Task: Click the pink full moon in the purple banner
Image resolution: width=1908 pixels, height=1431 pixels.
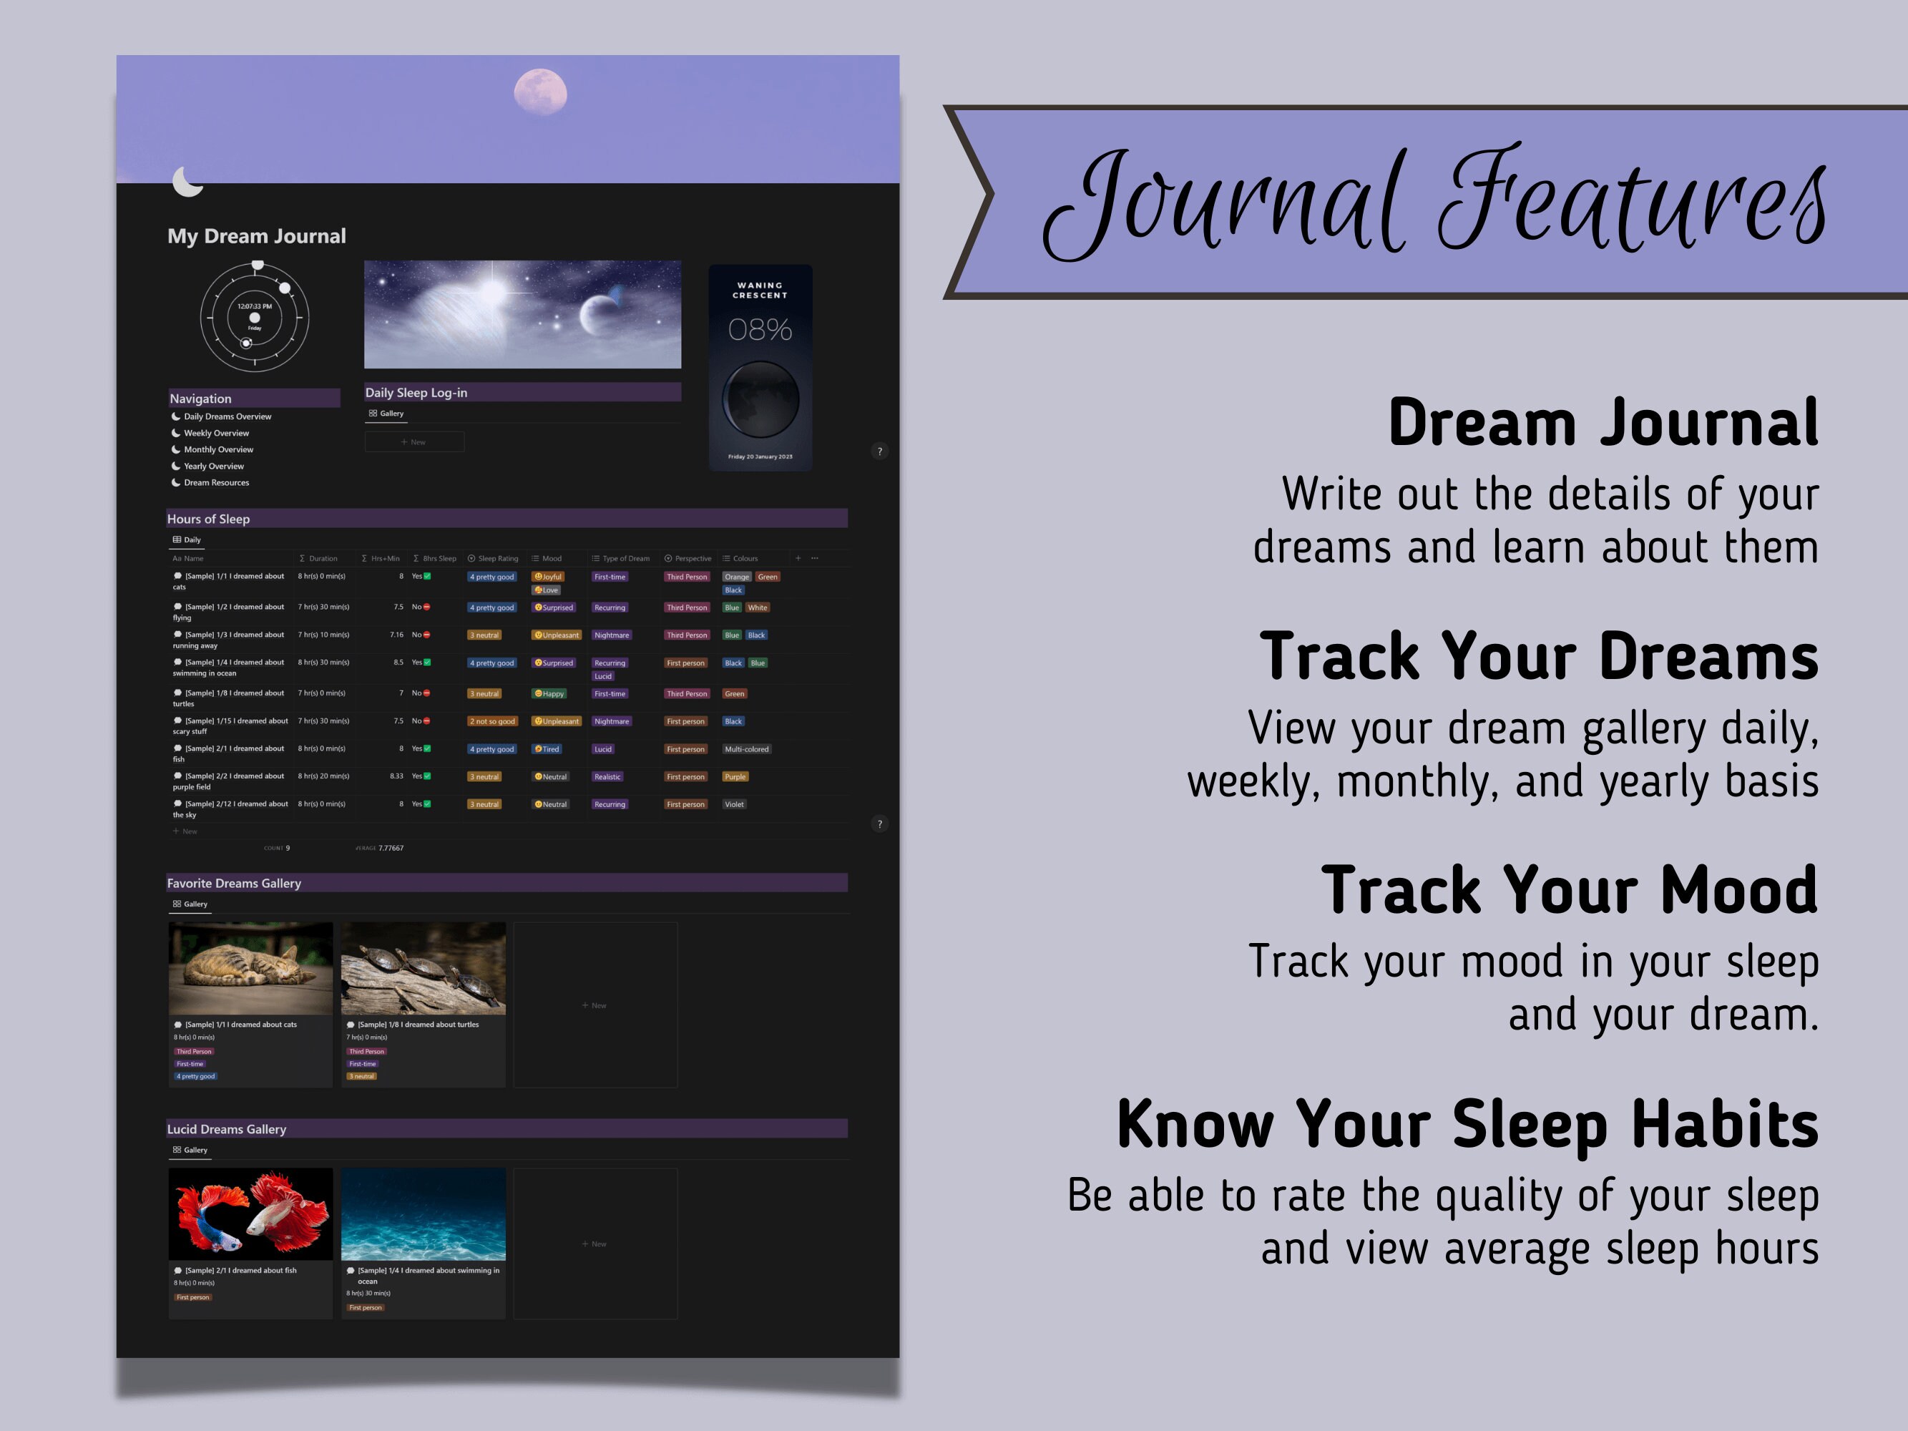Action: coord(540,92)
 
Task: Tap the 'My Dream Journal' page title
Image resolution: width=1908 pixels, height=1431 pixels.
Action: coord(256,236)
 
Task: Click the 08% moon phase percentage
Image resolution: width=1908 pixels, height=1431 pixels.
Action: coord(760,330)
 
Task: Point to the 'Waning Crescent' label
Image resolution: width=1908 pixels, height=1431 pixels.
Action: coord(760,290)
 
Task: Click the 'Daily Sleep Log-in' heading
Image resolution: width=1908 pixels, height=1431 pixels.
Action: coord(416,393)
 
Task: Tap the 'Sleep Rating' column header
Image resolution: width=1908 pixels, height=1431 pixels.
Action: coord(496,559)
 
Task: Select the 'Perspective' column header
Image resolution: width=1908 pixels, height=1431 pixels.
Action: coord(692,559)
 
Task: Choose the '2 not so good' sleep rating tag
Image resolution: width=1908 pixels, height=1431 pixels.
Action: coord(492,722)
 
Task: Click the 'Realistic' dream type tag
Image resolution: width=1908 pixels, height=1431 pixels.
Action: coord(607,777)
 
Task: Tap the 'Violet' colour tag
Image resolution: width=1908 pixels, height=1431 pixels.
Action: coord(734,805)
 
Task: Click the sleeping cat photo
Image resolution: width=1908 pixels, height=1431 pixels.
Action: coord(250,968)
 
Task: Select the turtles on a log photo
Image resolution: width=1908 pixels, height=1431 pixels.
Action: coord(423,968)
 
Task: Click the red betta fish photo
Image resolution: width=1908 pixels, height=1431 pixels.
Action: coord(250,1213)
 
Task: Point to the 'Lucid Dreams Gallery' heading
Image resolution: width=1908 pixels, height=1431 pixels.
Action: coord(227,1129)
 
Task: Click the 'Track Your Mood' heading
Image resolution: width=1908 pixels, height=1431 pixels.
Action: coord(1568,890)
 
